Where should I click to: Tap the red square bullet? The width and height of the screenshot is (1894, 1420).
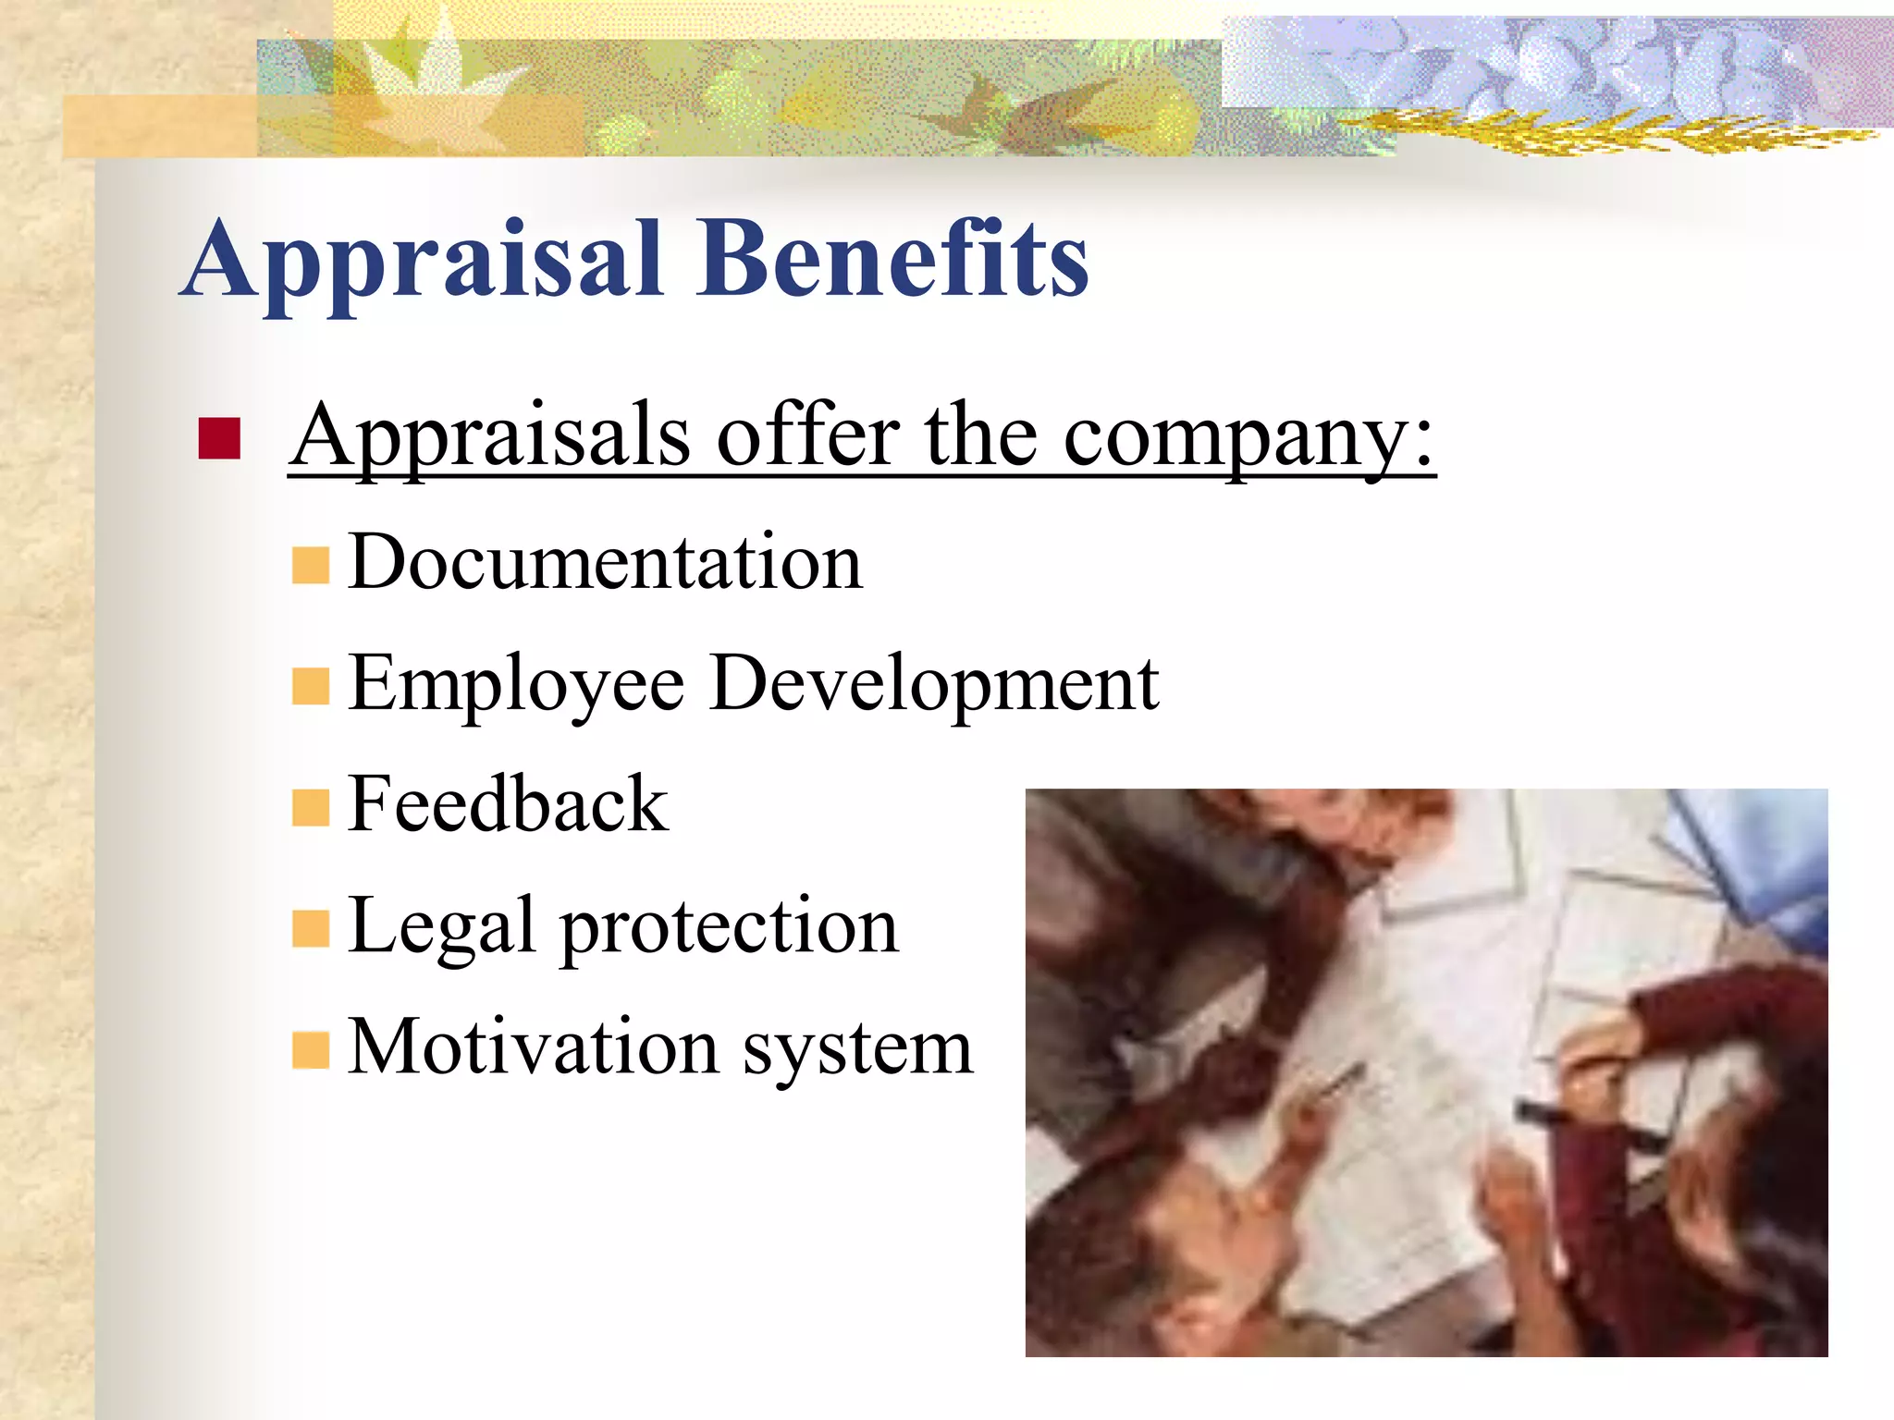click(x=219, y=438)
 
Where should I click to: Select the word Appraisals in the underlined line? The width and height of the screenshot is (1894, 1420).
click(x=490, y=436)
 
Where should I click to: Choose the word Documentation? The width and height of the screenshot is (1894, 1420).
click(x=606, y=562)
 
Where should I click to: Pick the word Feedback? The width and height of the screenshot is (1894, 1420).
click(x=508, y=804)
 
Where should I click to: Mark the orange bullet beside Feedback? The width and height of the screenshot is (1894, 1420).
click(x=311, y=807)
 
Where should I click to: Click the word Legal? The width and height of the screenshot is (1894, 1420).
click(x=442, y=927)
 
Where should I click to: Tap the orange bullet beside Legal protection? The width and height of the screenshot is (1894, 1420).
click(x=311, y=929)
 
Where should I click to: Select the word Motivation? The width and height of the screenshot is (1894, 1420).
click(x=533, y=1047)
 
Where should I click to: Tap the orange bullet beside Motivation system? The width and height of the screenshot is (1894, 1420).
click(x=311, y=1050)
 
